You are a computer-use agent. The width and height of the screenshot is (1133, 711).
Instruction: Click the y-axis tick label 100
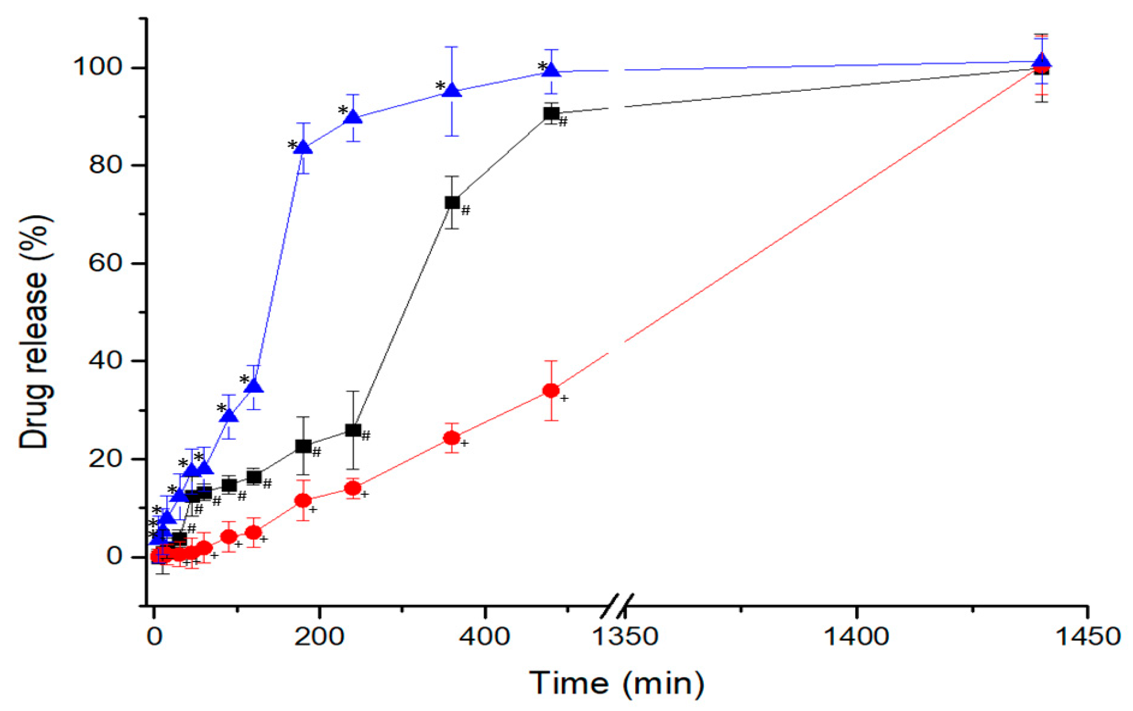click(97, 67)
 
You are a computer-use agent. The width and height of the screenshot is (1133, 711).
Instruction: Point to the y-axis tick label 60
click(105, 263)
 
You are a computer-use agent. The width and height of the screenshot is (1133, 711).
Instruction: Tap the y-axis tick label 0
click(114, 556)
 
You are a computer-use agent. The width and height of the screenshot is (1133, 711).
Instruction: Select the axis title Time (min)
click(617, 683)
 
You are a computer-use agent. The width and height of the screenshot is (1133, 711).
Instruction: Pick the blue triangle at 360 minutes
click(452, 91)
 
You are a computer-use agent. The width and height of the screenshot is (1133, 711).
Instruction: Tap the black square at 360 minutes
click(452, 203)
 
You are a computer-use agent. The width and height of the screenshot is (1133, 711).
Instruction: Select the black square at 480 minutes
click(551, 113)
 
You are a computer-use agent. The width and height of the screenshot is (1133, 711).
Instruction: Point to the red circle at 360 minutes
click(452, 438)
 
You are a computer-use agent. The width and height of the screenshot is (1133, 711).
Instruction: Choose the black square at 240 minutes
click(353, 430)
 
